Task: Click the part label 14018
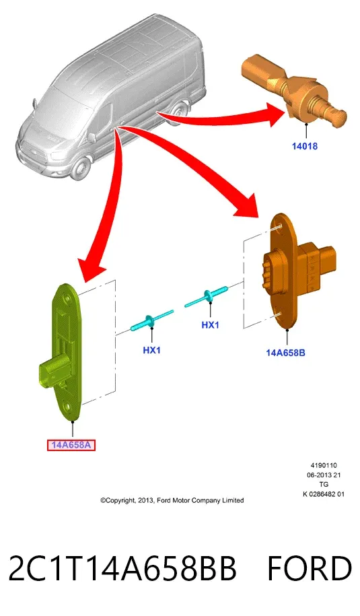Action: [x=304, y=146]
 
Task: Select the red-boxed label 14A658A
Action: [x=71, y=445]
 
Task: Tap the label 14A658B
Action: [x=285, y=352]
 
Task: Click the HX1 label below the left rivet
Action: [x=151, y=349]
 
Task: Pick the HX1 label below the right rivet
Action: [x=210, y=325]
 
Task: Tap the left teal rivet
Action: [x=151, y=320]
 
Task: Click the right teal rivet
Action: [x=206, y=296]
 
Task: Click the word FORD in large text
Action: [x=310, y=568]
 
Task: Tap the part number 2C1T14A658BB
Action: [x=122, y=568]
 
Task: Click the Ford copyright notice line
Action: [x=172, y=500]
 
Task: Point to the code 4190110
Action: [x=324, y=466]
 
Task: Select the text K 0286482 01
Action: [x=324, y=494]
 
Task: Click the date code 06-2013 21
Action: [x=324, y=475]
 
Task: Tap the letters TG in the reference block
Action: [x=324, y=485]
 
